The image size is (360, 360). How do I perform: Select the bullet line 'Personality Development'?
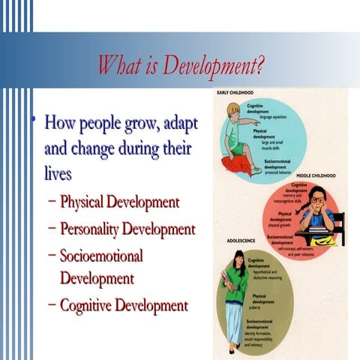(127, 229)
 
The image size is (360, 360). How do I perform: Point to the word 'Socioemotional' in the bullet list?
(100, 255)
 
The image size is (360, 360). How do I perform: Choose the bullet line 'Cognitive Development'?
(123, 305)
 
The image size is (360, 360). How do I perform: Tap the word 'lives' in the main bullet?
(58, 173)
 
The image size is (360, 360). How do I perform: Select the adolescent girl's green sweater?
(235, 283)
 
